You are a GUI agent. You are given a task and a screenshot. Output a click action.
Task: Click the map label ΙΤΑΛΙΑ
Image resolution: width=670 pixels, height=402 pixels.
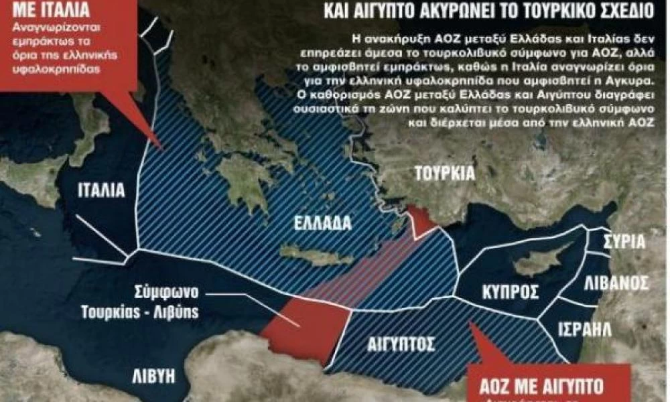pos(100,190)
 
